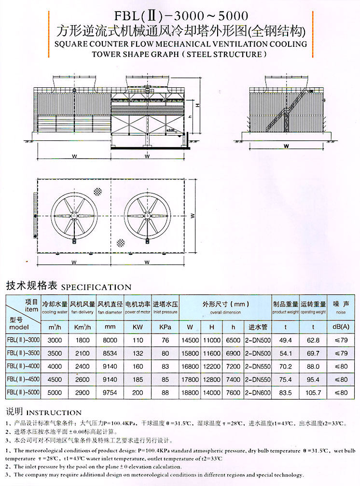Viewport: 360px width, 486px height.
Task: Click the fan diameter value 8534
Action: pyautogui.click(x=110, y=353)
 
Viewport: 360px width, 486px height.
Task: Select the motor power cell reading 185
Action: pyautogui.click(x=138, y=380)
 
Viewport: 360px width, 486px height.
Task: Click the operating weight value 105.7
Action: pyautogui.click(x=313, y=393)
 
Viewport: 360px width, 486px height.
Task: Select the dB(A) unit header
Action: pyautogui.click(x=341, y=327)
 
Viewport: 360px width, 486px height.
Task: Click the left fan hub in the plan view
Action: pyautogui.click(x=74, y=215)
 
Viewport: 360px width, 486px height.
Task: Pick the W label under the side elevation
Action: pyautogui.click(x=286, y=145)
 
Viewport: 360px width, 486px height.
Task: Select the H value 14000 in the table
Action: pyautogui.click(x=211, y=393)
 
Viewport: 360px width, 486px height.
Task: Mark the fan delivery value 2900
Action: pyautogui.click(x=83, y=393)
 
